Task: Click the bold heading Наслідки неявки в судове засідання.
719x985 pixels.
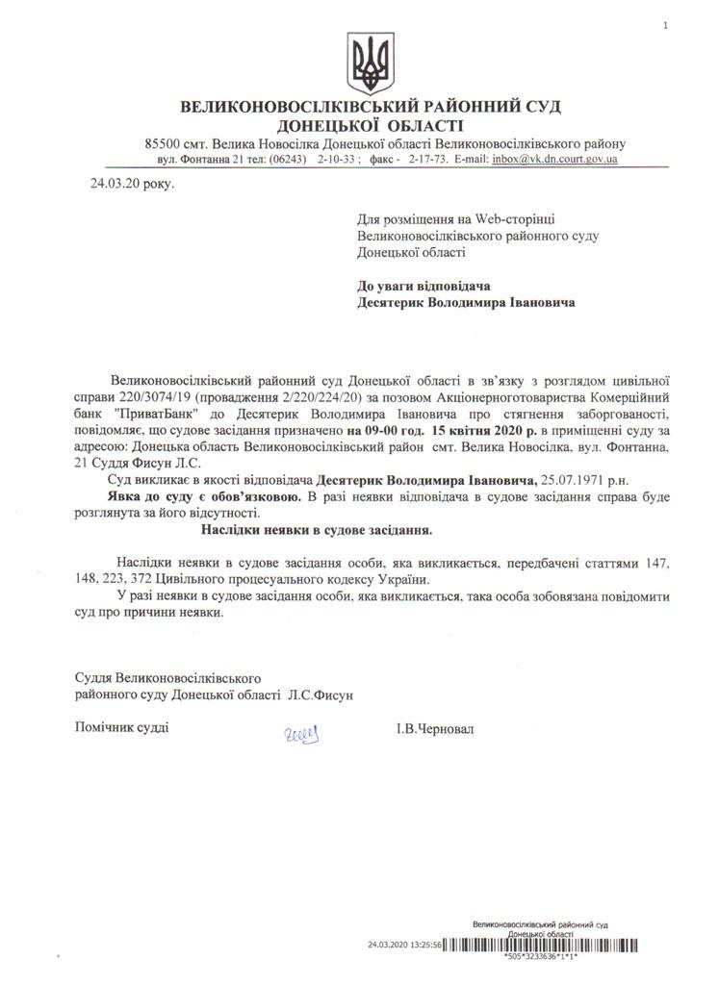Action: coord(317,529)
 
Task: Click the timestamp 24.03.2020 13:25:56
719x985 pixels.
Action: coord(404,946)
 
